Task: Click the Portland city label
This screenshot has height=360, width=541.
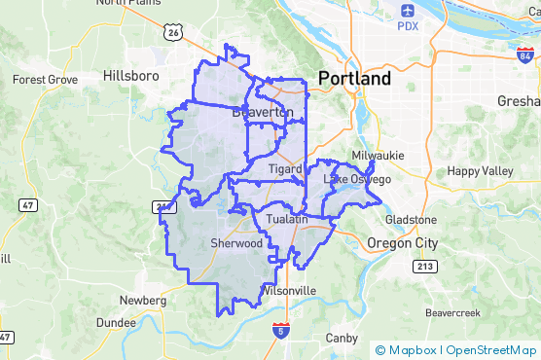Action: [x=354, y=79]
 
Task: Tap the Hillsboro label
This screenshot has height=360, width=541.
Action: [x=129, y=74]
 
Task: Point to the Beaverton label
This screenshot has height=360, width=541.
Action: [x=263, y=113]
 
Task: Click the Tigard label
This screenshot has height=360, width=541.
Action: [x=285, y=168]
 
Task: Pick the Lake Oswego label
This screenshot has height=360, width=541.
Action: [x=357, y=179]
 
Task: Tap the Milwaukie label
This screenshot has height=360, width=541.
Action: [x=378, y=155]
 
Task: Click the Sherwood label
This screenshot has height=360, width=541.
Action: [x=236, y=243]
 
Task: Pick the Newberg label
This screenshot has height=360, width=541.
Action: [x=138, y=300]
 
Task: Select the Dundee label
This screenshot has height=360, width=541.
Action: [x=116, y=322]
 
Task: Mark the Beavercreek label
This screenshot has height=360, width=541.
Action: [x=453, y=313]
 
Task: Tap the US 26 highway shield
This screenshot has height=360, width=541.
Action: [x=174, y=33]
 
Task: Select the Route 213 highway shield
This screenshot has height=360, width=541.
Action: [x=425, y=267]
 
